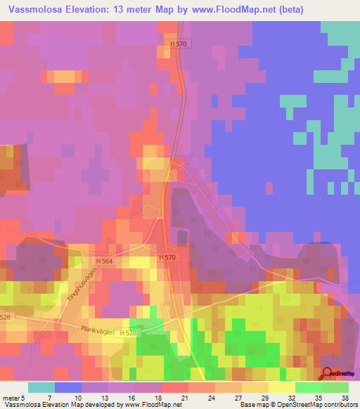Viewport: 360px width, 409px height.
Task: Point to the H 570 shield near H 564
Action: (167, 258)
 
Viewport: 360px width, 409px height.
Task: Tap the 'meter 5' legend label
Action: (15, 397)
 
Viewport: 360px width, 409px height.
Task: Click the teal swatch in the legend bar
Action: (41, 387)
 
